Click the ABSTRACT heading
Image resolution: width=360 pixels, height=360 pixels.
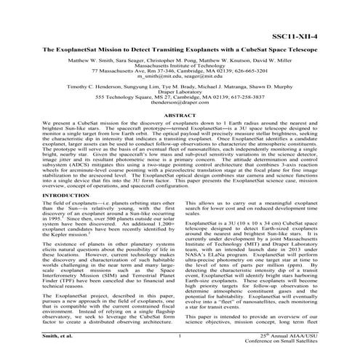coord(180,115)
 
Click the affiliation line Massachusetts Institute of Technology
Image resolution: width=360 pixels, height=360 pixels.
coord(180,64)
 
